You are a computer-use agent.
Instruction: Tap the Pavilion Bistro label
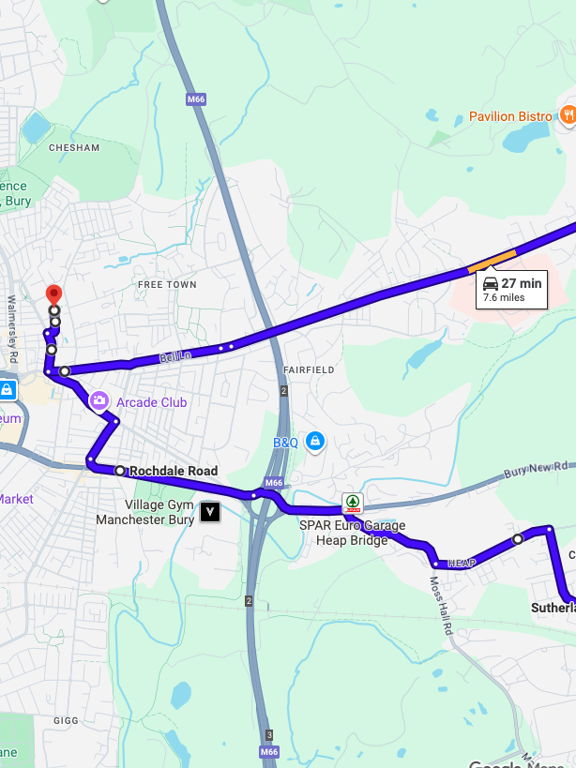pyautogui.click(x=510, y=116)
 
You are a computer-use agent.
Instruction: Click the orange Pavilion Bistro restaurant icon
pyautogui.click(x=568, y=115)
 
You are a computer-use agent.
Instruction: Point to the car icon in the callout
pyautogui.click(x=490, y=283)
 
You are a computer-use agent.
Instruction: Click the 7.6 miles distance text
pyautogui.click(x=503, y=298)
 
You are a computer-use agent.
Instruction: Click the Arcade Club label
pyautogui.click(x=151, y=402)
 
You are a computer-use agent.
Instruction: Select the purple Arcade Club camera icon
pyautogui.click(x=99, y=401)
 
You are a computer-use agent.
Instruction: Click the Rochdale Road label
pyautogui.click(x=174, y=471)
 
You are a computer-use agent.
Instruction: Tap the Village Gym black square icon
pyautogui.click(x=211, y=512)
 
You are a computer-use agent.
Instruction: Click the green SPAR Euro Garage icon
pyautogui.click(x=353, y=503)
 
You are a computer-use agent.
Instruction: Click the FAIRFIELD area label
pyautogui.click(x=309, y=370)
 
